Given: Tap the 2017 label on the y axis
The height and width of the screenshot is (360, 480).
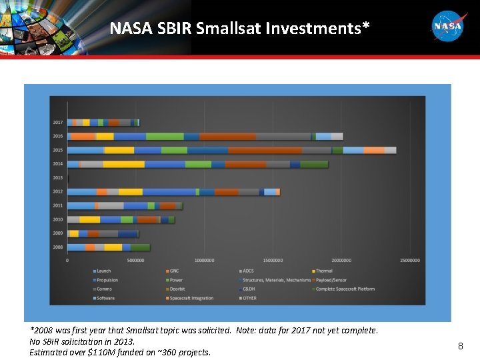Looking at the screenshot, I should click(x=58, y=123).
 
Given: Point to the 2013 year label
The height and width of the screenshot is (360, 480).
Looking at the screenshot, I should click(x=58, y=178).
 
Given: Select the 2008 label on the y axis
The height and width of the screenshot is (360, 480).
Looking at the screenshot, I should click(x=58, y=247).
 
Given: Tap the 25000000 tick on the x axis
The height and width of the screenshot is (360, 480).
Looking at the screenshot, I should click(x=410, y=261).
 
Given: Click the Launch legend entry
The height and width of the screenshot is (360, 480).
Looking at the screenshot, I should click(x=103, y=271).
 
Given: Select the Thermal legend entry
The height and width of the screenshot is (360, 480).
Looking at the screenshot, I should click(x=324, y=271).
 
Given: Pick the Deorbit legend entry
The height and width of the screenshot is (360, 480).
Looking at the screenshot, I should click(x=177, y=289).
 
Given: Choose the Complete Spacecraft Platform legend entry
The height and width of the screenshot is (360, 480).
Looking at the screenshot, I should click(x=345, y=289).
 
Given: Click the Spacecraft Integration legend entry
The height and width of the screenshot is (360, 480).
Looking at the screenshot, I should click(x=191, y=298).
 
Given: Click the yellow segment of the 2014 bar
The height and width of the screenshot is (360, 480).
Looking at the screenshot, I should click(x=123, y=164).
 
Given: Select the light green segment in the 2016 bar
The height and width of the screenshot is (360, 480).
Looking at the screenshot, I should click(x=165, y=136).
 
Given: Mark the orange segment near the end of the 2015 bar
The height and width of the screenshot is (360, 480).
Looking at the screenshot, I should click(x=374, y=150).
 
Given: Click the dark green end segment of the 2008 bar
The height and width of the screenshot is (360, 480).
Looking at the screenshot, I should click(x=141, y=247).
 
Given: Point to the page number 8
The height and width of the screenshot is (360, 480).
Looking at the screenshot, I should click(x=460, y=346).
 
